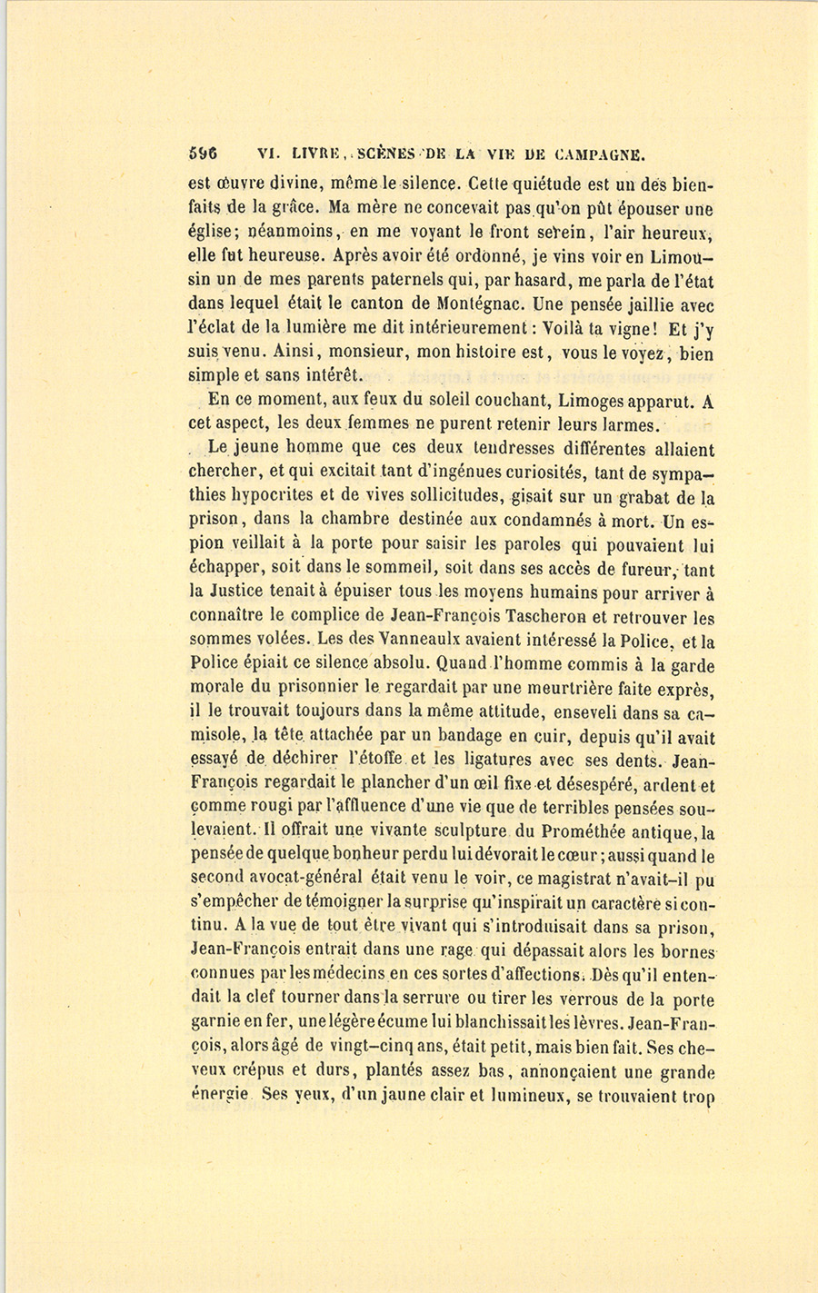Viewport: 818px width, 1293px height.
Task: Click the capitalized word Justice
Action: [x=249, y=592]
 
